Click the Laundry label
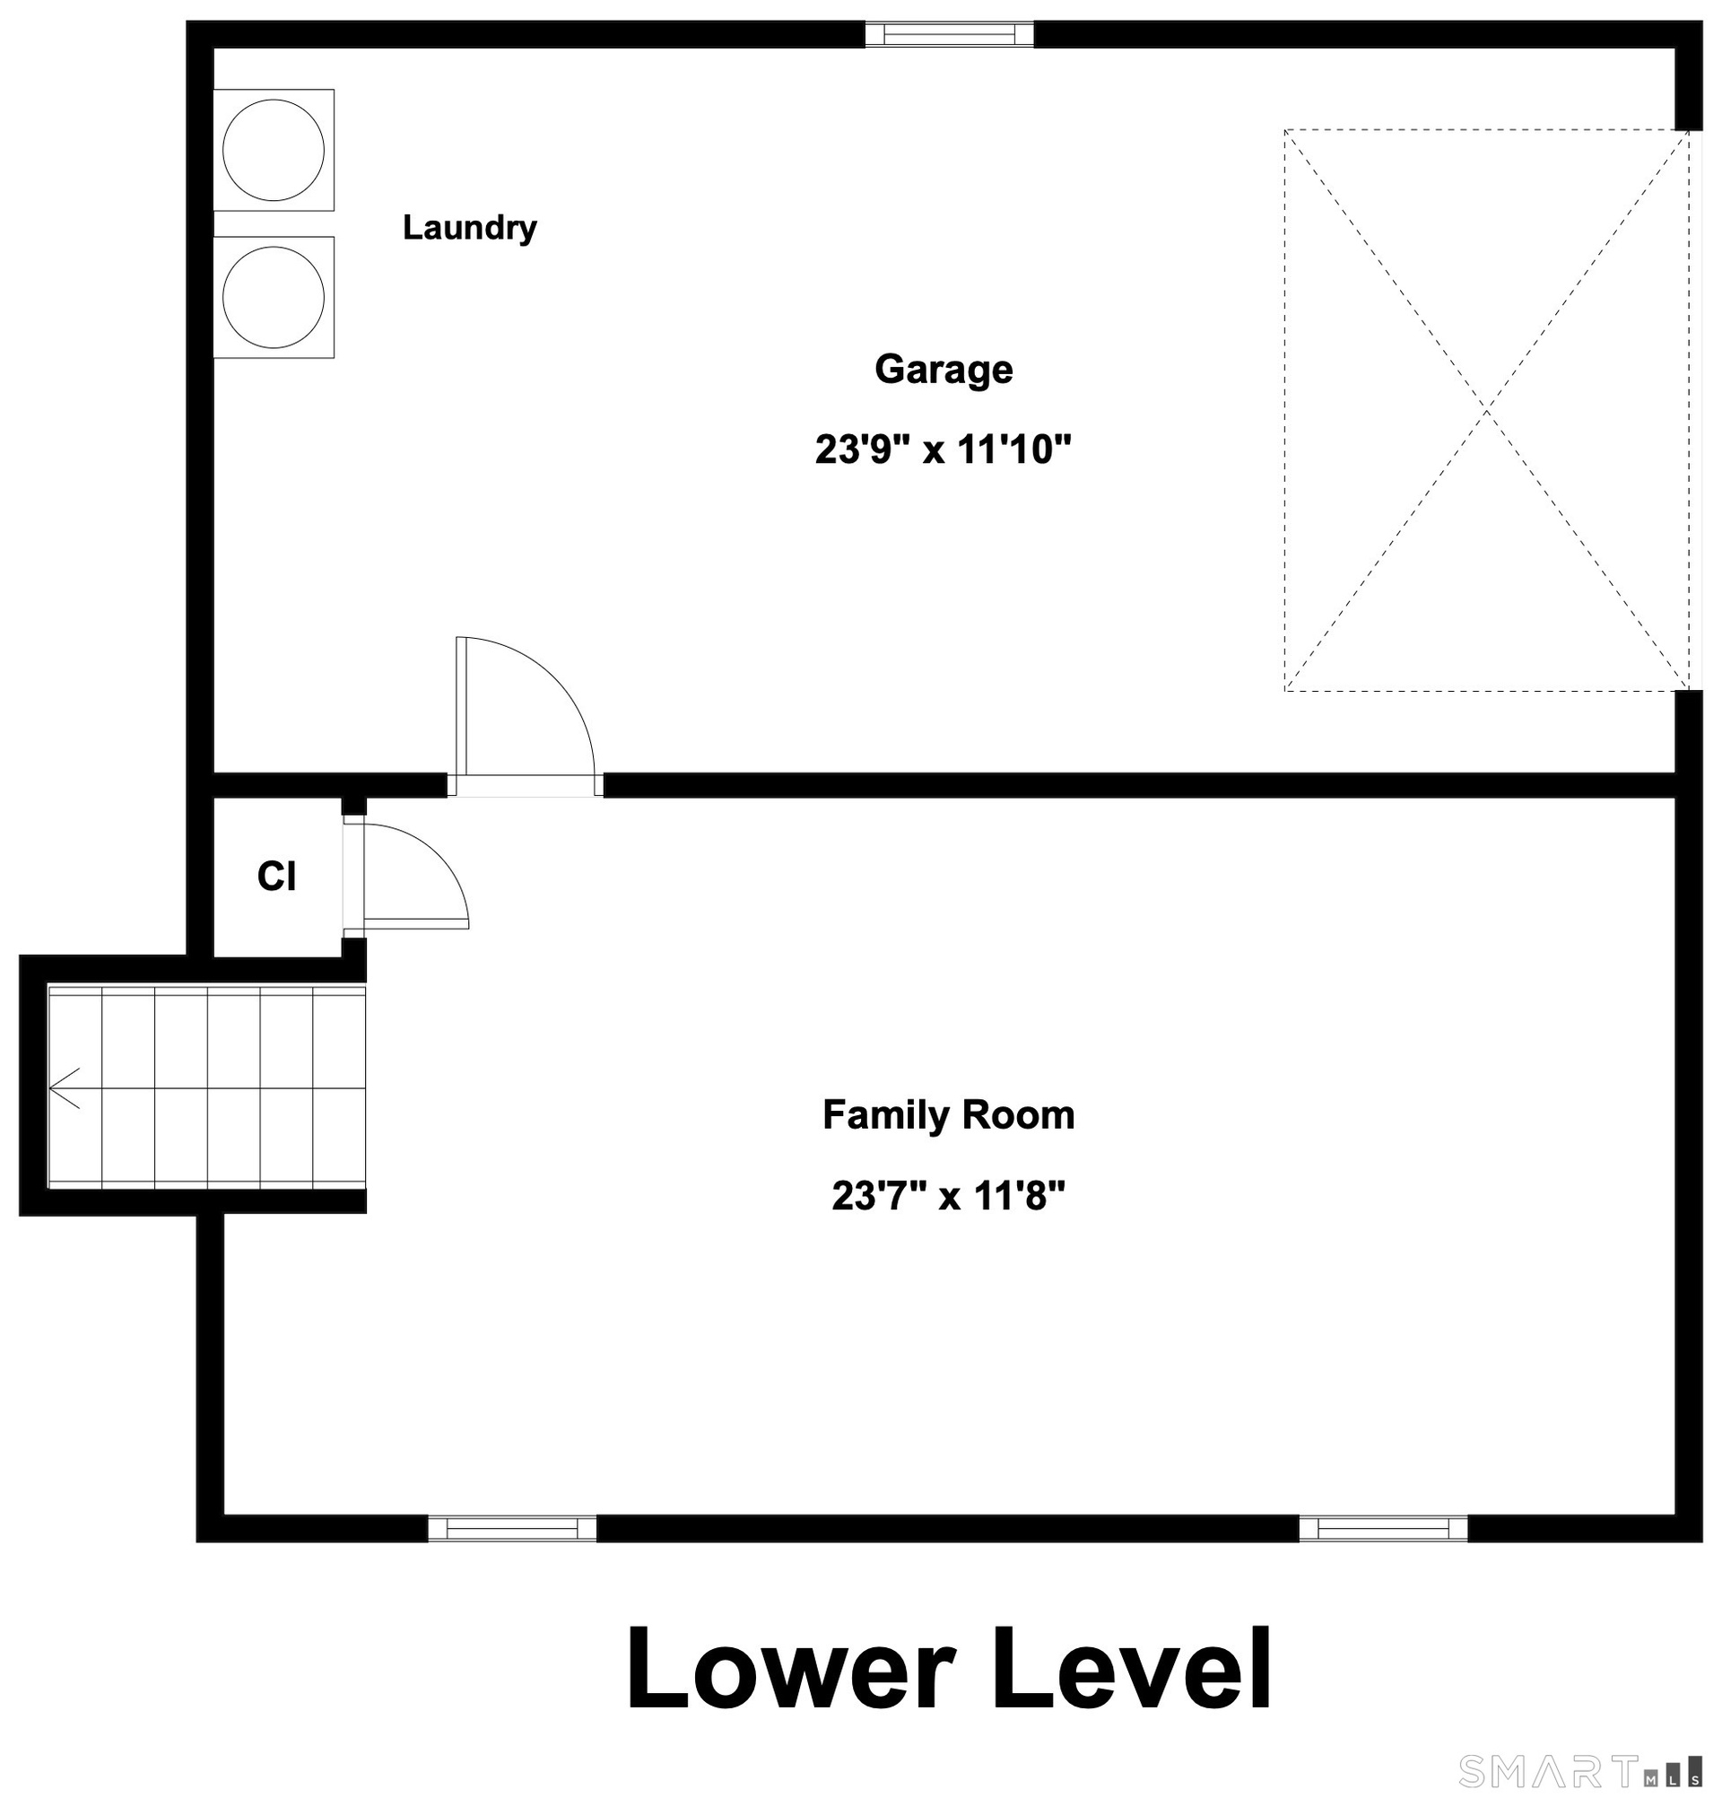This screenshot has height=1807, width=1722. [x=469, y=228]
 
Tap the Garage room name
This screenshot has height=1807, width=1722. [x=944, y=369]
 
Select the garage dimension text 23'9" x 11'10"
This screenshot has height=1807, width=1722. [x=944, y=450]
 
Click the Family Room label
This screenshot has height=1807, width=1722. [x=948, y=1115]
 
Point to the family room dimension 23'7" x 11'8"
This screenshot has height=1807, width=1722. [x=948, y=1196]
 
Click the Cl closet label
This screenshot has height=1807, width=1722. [x=276, y=877]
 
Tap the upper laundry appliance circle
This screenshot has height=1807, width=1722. [x=274, y=150]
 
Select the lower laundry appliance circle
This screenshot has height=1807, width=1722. [x=274, y=298]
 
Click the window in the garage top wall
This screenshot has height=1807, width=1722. [x=949, y=35]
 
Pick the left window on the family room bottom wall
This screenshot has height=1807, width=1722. [x=512, y=1529]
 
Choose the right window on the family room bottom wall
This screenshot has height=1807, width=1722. [x=1383, y=1529]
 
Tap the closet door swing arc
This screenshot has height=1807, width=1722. [x=439, y=854]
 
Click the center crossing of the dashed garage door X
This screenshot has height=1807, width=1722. [x=1486, y=410]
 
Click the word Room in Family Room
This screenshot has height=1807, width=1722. [x=1018, y=1115]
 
